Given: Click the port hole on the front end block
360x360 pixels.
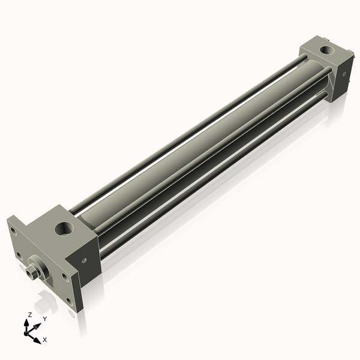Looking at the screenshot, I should pos(63,228).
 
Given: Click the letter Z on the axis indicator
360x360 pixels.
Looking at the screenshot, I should pos(30,314).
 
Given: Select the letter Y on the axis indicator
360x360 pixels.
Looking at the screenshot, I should pos(44,319).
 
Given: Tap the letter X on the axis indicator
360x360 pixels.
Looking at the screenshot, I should pos(45,340).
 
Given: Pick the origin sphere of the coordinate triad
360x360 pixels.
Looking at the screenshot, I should pos(28,332).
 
